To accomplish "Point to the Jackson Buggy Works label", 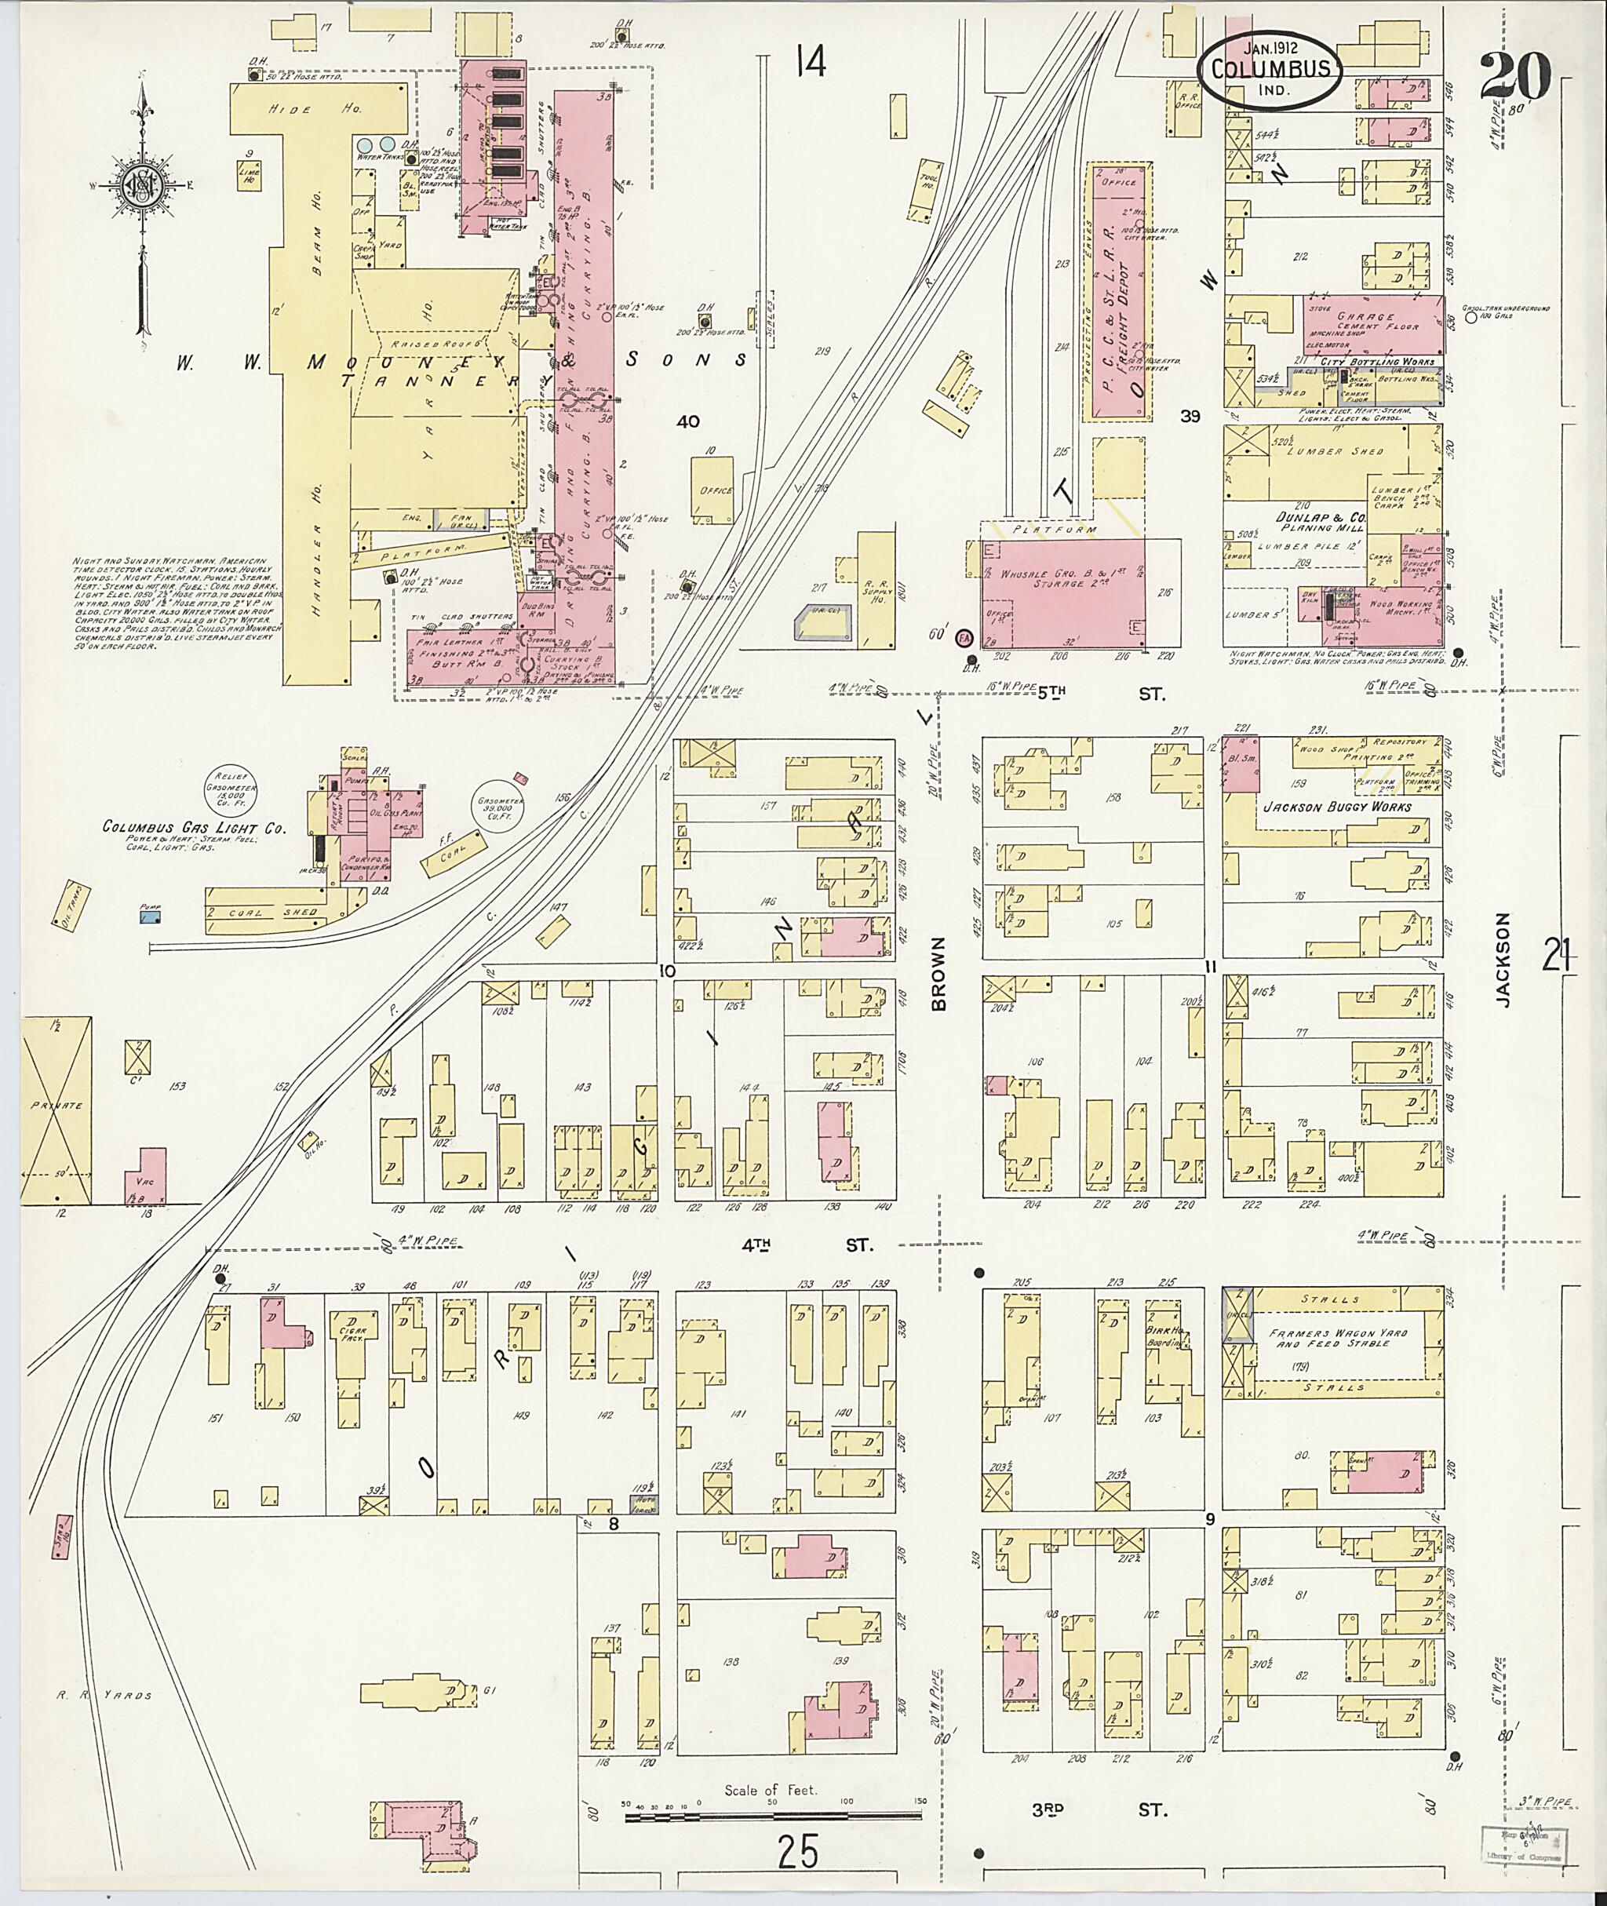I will tap(1336, 807).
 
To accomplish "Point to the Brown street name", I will tap(939, 974).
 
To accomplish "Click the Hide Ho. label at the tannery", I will tap(317, 109).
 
